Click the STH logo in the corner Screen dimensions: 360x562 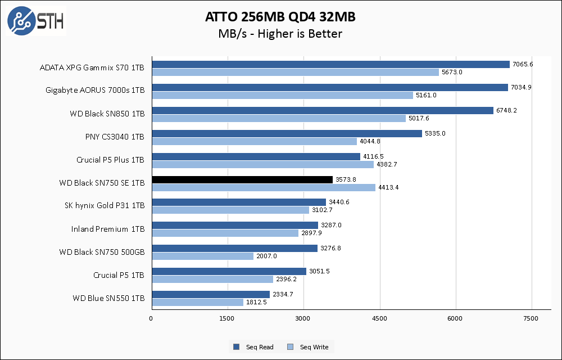coord(35,21)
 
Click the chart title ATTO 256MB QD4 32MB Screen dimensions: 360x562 coord(280,17)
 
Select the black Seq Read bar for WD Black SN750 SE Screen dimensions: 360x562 coord(242,179)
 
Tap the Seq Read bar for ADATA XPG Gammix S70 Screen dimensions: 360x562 coord(330,64)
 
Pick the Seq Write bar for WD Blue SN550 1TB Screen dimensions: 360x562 coord(197,302)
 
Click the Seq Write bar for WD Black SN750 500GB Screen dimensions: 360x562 coord(202,256)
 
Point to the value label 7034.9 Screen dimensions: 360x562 coord(521,87)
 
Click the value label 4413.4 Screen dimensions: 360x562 coord(388,187)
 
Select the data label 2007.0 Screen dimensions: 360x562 coord(266,256)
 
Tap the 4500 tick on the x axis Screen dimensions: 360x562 coord(380,319)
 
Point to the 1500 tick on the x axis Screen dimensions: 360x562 coord(227,319)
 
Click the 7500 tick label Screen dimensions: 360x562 coord(532,319)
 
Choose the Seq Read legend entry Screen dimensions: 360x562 coord(253,347)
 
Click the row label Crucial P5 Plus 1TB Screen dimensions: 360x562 coord(110,160)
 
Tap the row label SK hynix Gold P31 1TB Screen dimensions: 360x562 coord(105,206)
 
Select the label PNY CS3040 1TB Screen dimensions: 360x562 coord(114,137)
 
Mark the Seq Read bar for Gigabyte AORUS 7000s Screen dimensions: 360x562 coord(330,87)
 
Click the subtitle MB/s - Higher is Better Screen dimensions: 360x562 coord(280,34)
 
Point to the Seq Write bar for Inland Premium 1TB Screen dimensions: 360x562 coord(225,233)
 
